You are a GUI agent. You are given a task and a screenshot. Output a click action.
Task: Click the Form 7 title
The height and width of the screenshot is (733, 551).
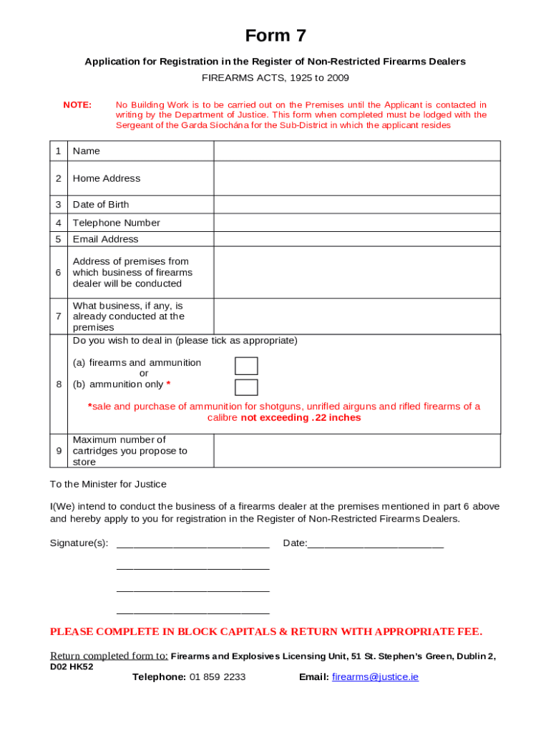275,36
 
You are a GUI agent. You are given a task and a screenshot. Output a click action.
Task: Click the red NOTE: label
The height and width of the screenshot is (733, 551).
77,105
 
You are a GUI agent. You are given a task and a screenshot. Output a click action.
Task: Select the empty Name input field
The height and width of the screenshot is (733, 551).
356,151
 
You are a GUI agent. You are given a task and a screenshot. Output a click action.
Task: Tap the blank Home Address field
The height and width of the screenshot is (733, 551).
356,178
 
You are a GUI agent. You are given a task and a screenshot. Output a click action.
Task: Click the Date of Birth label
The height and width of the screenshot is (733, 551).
101,205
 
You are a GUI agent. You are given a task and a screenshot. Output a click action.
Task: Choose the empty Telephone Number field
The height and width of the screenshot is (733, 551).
356,223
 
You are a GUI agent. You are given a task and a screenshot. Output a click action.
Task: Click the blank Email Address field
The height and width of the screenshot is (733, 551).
356,239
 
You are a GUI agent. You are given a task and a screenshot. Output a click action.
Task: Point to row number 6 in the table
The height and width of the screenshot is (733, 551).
58,273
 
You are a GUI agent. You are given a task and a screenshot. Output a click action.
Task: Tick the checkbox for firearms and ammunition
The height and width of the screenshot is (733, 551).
246,366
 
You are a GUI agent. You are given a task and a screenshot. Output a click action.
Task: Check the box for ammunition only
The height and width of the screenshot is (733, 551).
246,387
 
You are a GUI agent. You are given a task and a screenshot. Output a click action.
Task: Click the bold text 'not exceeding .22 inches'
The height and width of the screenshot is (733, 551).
301,418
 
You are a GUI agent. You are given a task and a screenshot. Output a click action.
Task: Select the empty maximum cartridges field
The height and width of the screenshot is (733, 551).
356,451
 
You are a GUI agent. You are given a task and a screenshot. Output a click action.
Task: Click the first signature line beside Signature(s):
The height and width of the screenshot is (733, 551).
192,544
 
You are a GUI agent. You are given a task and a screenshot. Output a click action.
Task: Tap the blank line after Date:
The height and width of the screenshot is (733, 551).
375,544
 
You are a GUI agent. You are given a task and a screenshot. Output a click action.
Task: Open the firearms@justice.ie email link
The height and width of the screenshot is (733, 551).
375,676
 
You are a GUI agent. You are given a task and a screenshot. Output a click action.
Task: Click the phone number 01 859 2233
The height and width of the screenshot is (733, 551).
218,676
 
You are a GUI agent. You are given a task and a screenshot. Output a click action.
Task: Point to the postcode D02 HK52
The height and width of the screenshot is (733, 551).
72,666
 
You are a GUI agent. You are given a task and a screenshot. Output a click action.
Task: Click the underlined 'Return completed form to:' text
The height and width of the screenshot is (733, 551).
109,656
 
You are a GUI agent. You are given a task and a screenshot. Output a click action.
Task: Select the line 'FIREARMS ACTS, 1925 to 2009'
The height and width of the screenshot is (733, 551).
275,77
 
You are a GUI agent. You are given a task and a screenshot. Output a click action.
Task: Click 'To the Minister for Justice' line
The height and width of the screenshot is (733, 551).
108,485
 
